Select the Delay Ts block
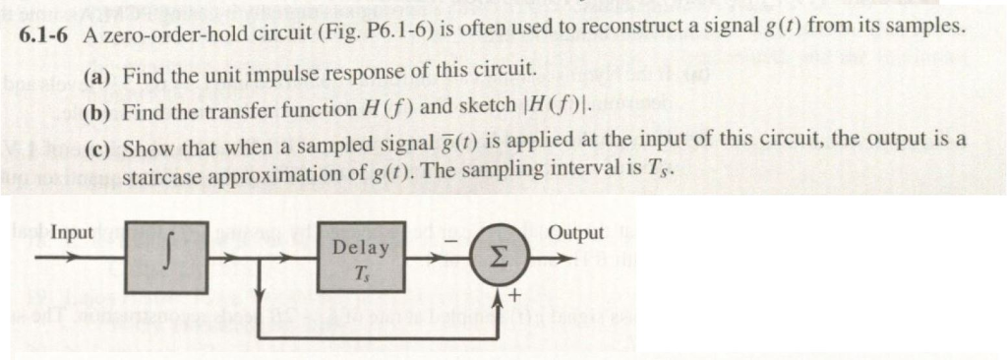[361, 260]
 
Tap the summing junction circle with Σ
[498, 261]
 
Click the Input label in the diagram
[72, 233]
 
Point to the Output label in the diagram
[576, 233]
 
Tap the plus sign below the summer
[511, 298]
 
